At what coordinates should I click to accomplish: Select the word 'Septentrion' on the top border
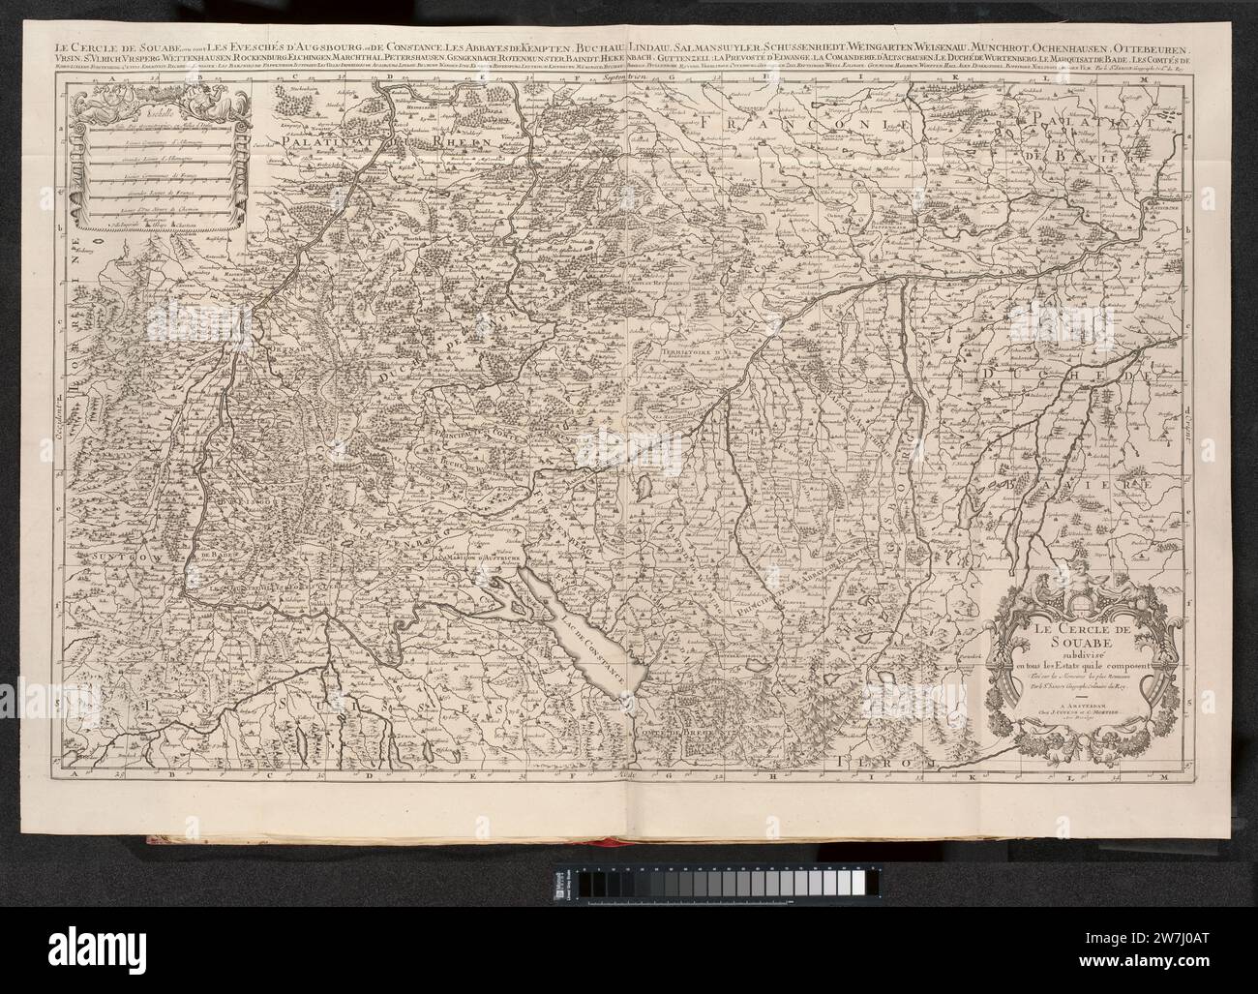point(619,75)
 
